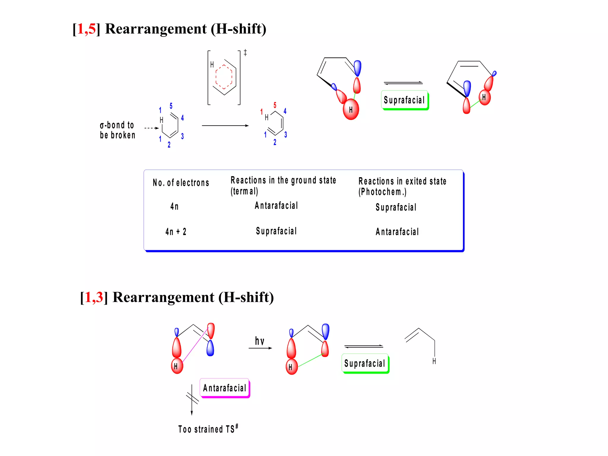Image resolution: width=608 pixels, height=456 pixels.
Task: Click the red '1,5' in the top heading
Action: point(86,29)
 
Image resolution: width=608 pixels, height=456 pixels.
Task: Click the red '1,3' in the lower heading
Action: point(94,297)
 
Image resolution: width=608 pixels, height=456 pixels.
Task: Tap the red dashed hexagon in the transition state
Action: point(224,77)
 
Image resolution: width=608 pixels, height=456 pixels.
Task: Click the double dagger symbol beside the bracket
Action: point(245,53)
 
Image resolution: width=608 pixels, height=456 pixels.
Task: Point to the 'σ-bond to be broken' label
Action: point(117,130)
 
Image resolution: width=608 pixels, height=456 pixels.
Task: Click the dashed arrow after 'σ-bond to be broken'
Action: point(151,128)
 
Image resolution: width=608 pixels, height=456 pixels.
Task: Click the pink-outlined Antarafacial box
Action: point(225,388)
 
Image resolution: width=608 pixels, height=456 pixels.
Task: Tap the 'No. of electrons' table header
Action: point(181,183)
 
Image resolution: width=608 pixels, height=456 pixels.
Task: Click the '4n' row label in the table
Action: point(175,206)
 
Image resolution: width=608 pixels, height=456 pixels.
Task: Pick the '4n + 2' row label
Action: point(176,232)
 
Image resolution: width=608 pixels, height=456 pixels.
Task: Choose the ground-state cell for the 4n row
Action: point(276,205)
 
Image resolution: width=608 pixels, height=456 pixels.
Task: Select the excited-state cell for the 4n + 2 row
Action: point(397,232)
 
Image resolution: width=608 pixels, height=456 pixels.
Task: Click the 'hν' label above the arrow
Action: point(259,341)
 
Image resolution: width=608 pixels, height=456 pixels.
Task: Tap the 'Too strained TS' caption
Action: point(208,429)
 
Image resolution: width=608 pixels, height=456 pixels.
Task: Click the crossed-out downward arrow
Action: point(192,399)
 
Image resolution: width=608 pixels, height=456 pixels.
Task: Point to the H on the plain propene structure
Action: point(434,361)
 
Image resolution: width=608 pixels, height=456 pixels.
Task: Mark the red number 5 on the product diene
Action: point(275,105)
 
